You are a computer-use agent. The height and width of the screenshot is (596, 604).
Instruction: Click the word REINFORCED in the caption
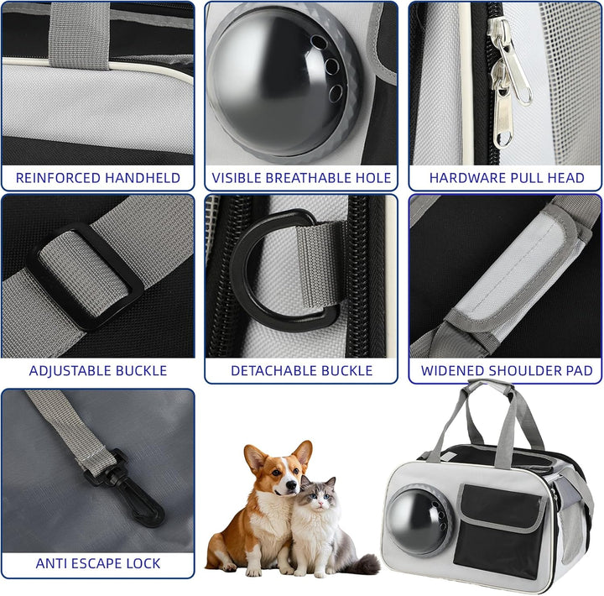coord(57,178)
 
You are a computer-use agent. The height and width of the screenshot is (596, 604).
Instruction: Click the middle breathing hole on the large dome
coord(331,66)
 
